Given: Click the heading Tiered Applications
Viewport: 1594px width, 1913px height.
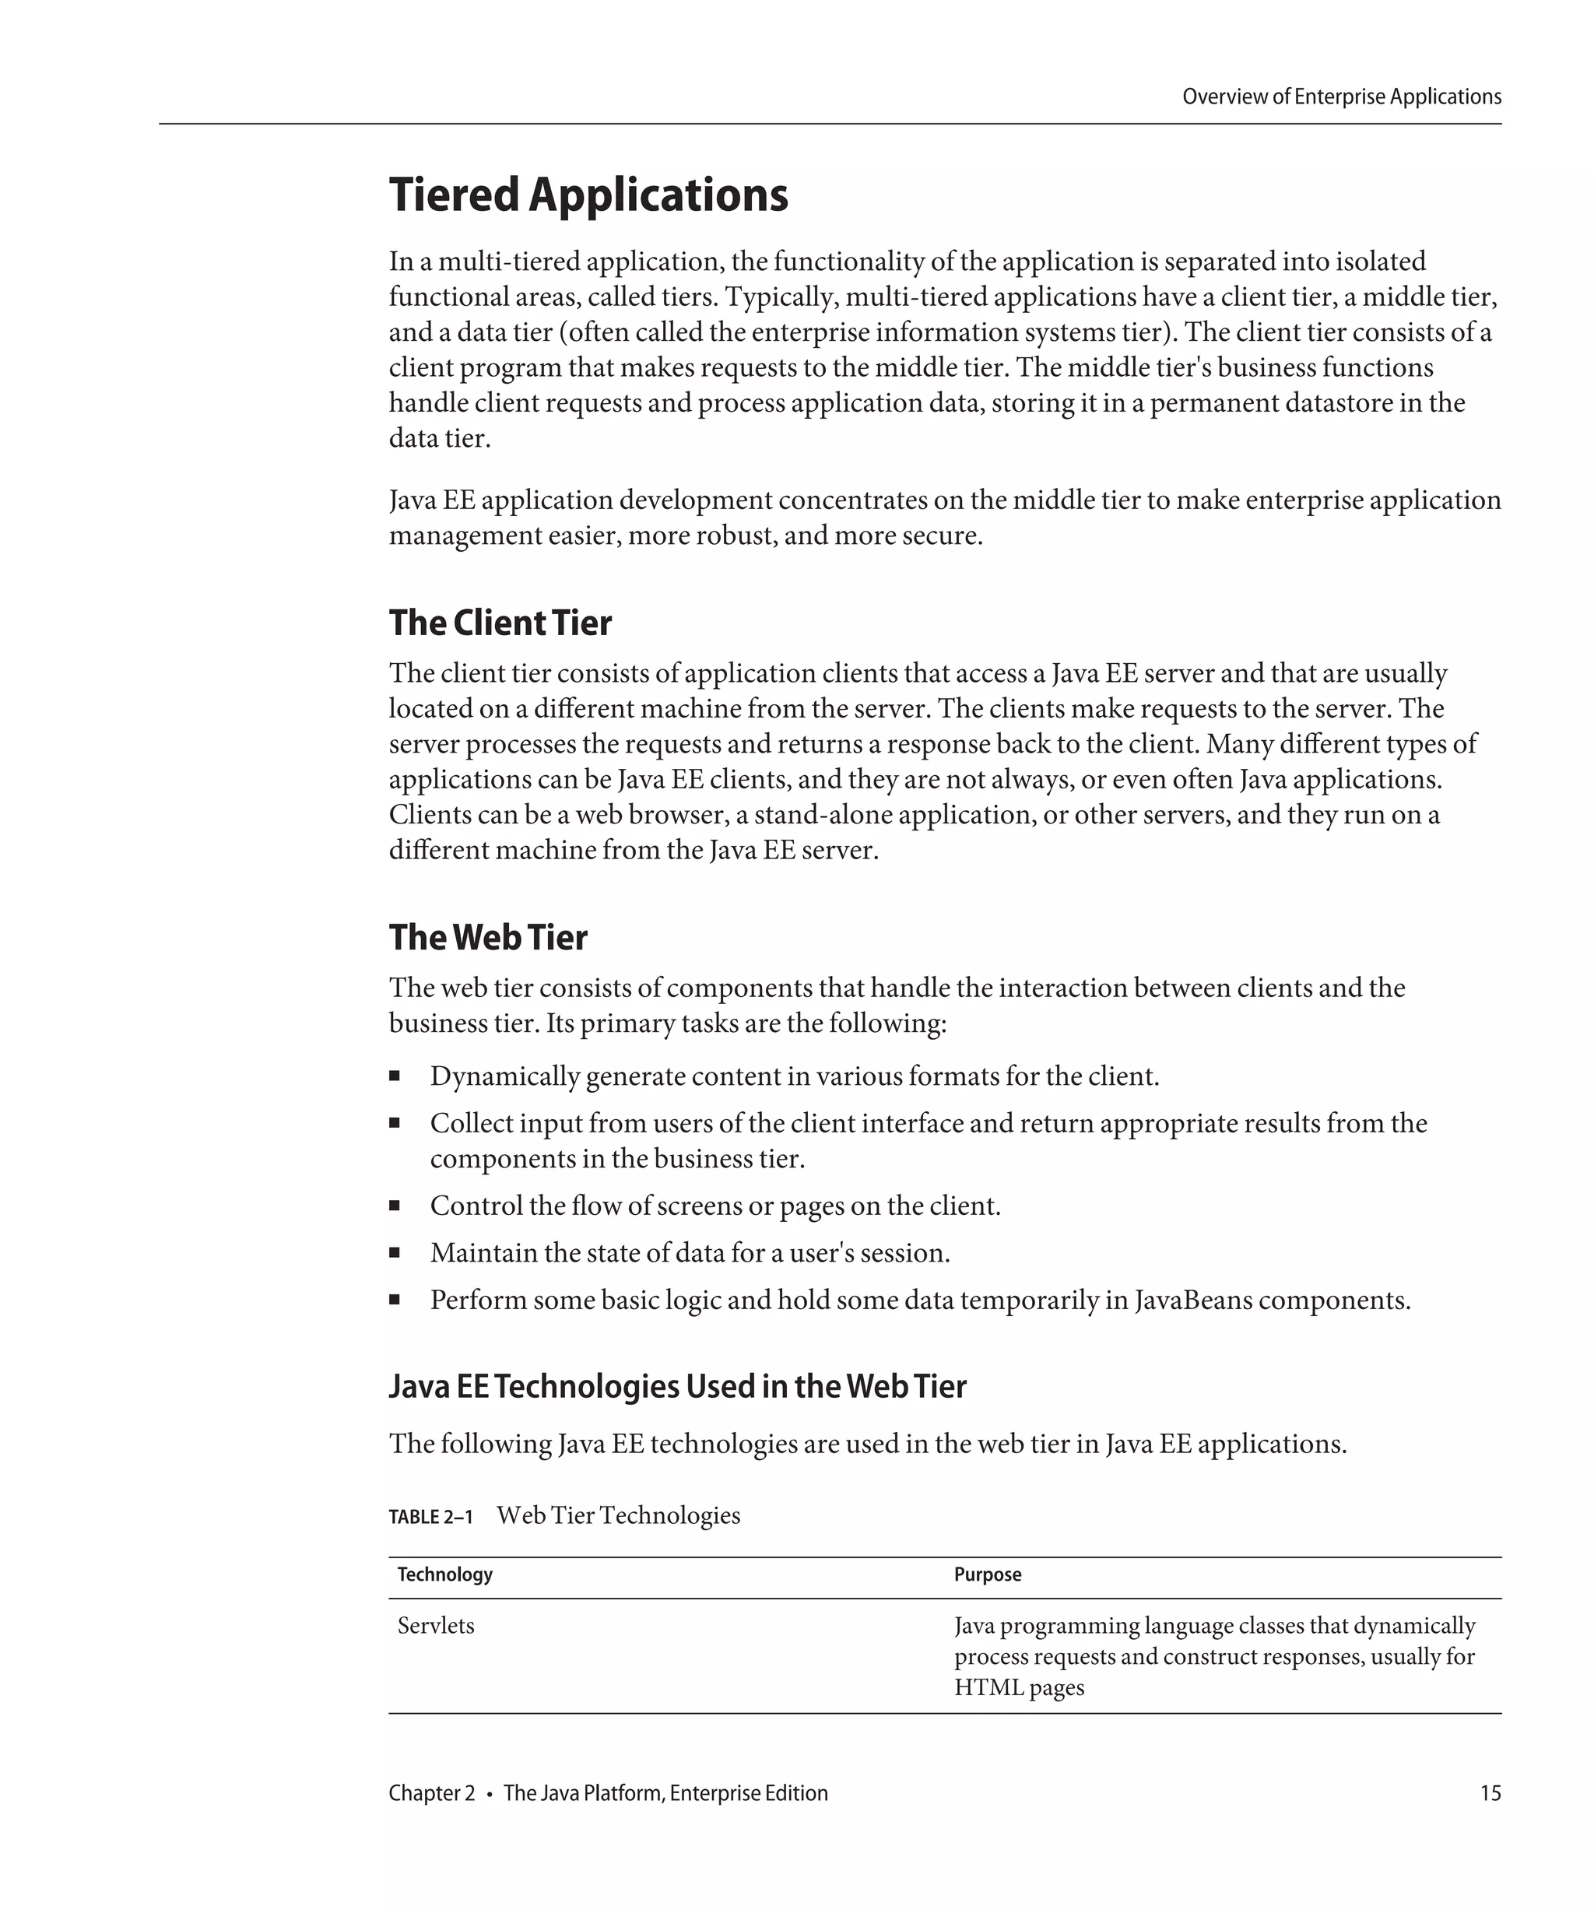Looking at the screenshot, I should click(x=588, y=195).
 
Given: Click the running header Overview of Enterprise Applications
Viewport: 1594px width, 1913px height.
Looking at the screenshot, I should click(x=1341, y=97).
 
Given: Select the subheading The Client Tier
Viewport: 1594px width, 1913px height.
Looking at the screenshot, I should click(x=500, y=623).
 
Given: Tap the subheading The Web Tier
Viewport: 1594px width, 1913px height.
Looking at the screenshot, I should click(x=488, y=937).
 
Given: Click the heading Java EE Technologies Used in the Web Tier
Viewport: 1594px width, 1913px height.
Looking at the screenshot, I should click(x=677, y=1385).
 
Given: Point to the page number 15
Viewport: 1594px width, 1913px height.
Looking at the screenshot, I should click(x=1490, y=1792).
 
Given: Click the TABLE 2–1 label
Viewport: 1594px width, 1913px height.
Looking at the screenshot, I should click(x=431, y=1517).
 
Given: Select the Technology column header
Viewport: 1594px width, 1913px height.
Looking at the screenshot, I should click(x=444, y=1574).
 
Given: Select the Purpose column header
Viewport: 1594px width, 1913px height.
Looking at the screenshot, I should click(x=988, y=1574).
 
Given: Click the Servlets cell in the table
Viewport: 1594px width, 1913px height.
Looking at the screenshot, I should click(x=435, y=1626).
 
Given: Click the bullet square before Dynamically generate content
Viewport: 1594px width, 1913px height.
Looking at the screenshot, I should click(x=395, y=1076).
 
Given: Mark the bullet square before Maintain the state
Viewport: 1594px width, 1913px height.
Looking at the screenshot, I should click(x=395, y=1252).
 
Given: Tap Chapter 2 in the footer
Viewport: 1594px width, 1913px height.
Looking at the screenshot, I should click(x=432, y=1792).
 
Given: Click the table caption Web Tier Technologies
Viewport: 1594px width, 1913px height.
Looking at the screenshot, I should click(x=619, y=1516).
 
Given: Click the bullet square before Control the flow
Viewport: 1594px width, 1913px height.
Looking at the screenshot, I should click(x=395, y=1206).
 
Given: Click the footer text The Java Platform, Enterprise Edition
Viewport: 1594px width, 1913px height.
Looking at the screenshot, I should click(x=665, y=1792).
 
